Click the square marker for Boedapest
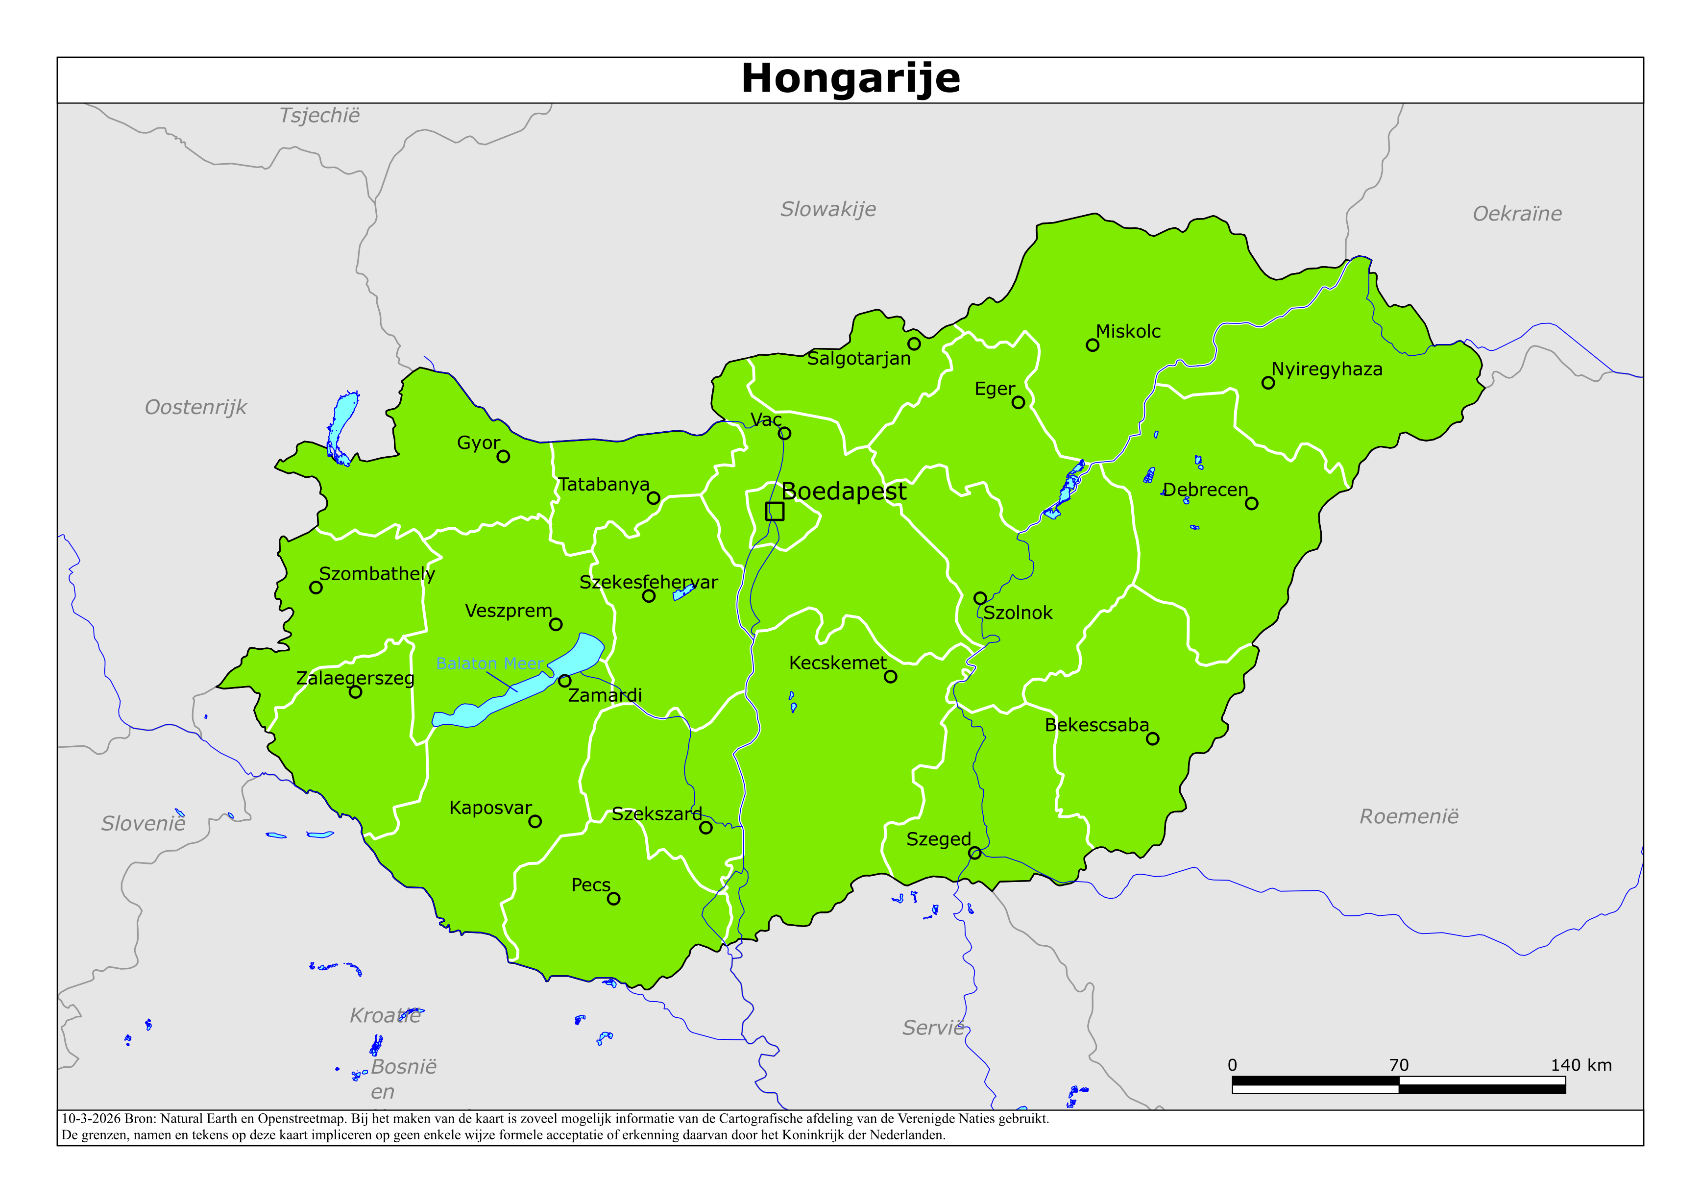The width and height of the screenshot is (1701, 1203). (774, 511)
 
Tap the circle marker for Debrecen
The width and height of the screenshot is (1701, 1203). (1251, 503)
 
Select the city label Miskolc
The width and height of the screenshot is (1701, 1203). (1128, 331)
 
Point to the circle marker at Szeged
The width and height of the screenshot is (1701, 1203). (975, 853)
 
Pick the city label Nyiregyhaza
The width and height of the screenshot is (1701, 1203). (1326, 369)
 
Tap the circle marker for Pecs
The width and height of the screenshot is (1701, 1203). (613, 898)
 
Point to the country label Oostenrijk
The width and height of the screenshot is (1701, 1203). (195, 407)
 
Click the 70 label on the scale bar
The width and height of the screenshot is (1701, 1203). (1398, 1065)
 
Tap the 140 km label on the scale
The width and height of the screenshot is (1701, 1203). (1581, 1065)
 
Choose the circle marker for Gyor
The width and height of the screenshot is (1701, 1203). (503, 457)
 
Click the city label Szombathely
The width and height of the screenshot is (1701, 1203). (376, 574)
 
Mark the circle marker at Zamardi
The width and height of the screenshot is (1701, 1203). (564, 681)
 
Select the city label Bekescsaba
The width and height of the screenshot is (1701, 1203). (1096, 725)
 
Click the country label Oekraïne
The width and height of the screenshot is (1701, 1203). (1516, 214)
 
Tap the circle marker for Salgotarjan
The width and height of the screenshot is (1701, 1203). (914, 344)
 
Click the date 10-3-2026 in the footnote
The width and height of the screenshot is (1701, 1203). (90, 1119)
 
